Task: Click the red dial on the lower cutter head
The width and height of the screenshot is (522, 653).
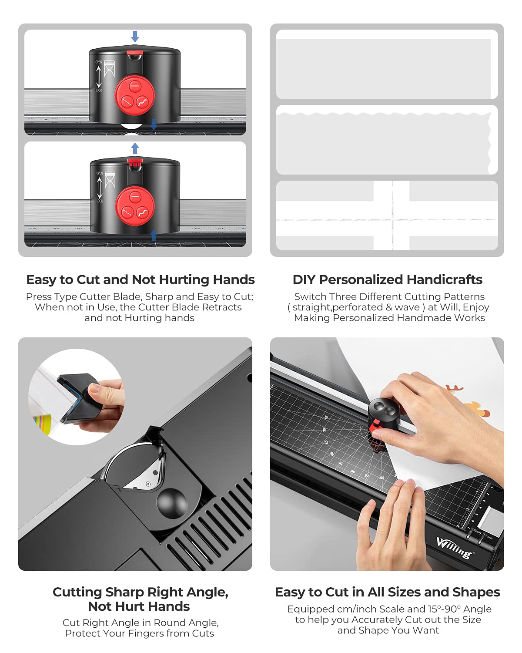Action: pyautogui.click(x=135, y=206)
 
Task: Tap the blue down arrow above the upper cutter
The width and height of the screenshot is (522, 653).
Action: pyautogui.click(x=135, y=37)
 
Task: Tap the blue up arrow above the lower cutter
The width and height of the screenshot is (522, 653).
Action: pyautogui.click(x=135, y=148)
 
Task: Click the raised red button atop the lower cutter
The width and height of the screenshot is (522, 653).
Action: pyautogui.click(x=135, y=162)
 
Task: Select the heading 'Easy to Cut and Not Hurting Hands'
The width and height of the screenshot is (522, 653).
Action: pyautogui.click(x=140, y=279)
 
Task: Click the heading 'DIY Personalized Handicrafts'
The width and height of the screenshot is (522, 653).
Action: pyautogui.click(x=387, y=279)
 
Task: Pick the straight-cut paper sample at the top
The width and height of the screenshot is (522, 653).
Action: pyautogui.click(x=385, y=65)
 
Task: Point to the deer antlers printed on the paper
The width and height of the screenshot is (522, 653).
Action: pyautogui.click(x=454, y=387)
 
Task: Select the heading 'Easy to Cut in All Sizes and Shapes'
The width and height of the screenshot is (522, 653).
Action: pyautogui.click(x=387, y=592)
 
